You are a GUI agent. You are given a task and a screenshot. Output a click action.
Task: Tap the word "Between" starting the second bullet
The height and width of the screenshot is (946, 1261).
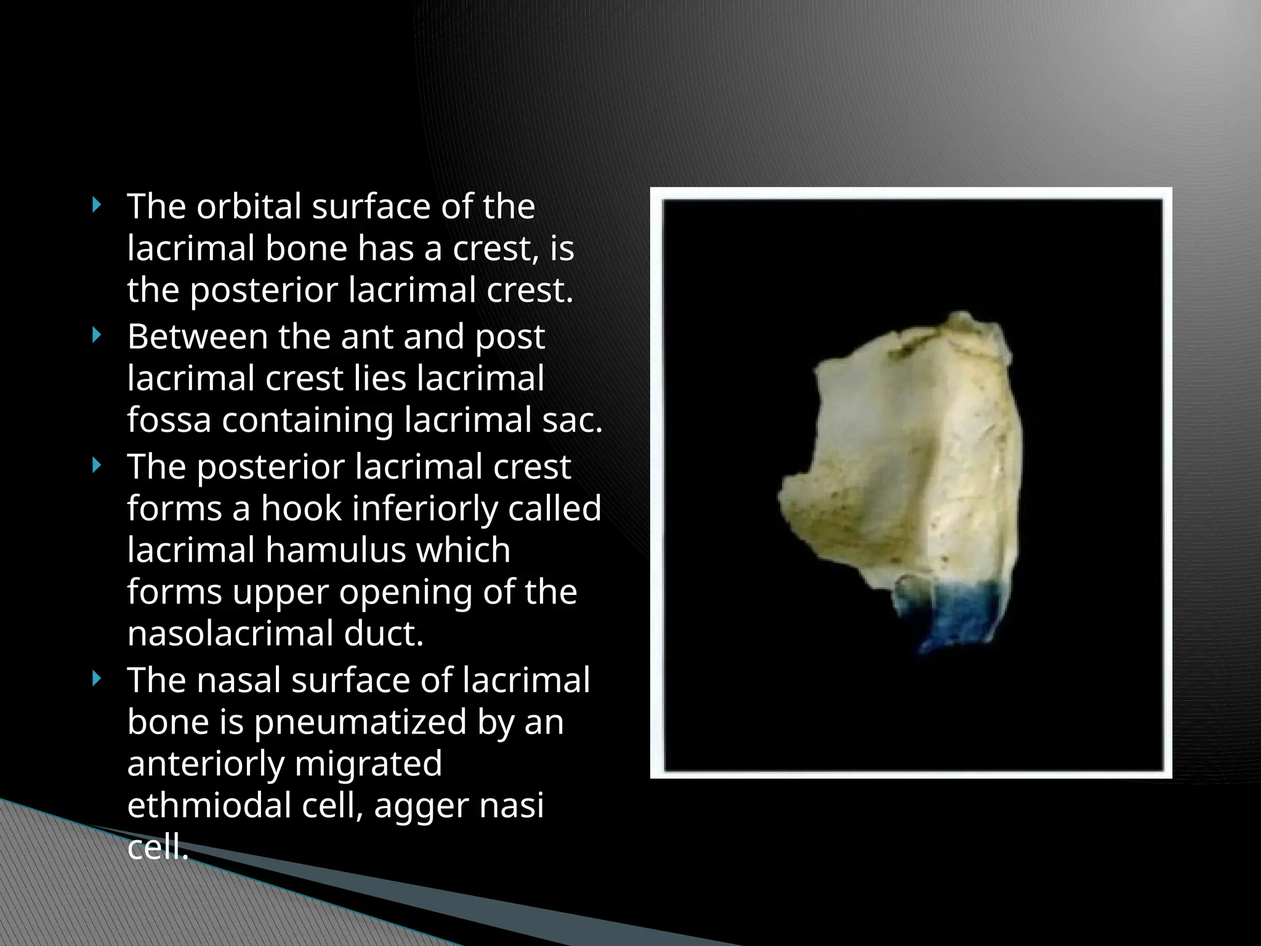(197, 337)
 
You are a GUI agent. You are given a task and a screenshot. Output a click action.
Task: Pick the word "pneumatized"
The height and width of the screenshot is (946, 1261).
(360, 722)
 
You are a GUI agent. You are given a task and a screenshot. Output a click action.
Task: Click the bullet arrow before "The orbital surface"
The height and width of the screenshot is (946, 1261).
(96, 206)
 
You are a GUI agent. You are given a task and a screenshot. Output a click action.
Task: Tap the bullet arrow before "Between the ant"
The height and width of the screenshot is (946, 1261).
(96, 336)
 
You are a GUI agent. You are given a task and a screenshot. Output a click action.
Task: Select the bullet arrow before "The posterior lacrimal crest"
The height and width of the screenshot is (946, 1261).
(96, 466)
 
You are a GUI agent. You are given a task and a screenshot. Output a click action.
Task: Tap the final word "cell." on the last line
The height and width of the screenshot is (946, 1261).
(157, 847)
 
